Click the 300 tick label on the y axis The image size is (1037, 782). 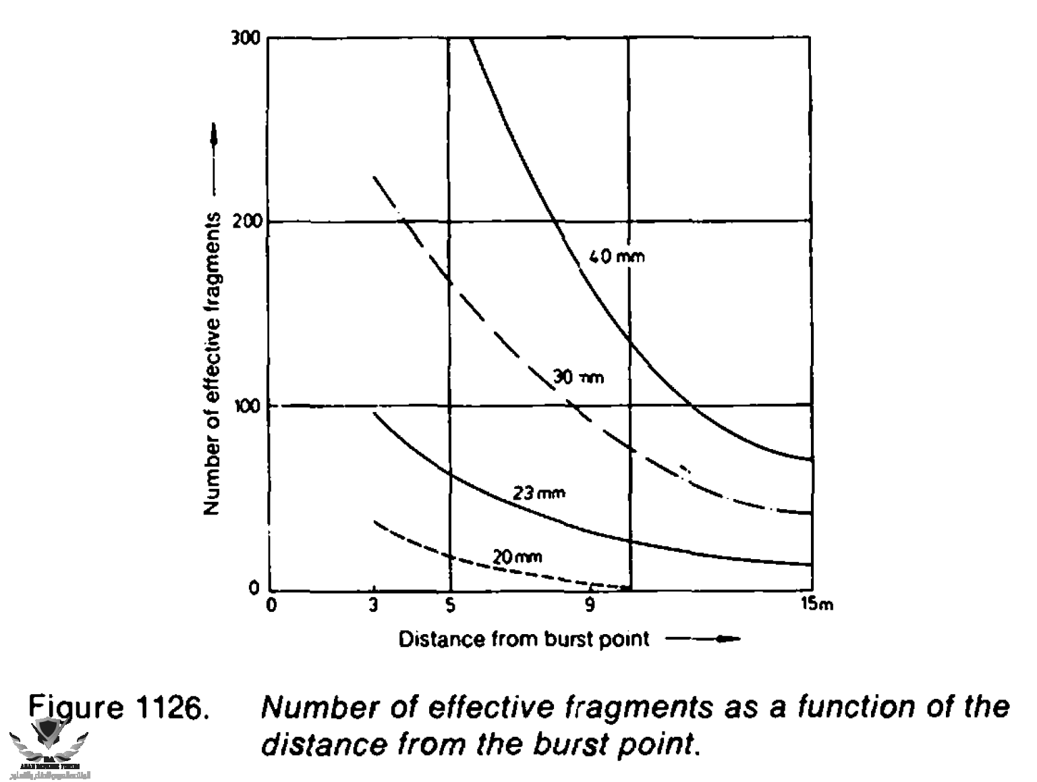(247, 38)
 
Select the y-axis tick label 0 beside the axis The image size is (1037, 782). (254, 588)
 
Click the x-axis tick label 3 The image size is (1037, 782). (373, 606)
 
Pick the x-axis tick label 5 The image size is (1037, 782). (450, 606)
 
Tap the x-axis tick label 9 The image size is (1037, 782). (590, 606)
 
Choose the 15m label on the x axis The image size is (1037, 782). (817, 604)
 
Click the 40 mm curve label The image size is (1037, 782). (616, 257)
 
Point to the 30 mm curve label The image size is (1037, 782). (578, 377)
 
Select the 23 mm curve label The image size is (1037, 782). (538, 493)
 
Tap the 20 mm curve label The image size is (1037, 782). (517, 558)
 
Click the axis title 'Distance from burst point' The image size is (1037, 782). (524, 639)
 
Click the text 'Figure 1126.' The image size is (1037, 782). (116, 708)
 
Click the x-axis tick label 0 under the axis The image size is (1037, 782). (271, 606)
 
